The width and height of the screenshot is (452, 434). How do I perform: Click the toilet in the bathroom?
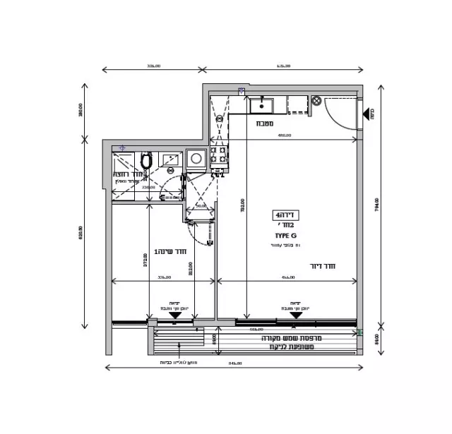[146, 162]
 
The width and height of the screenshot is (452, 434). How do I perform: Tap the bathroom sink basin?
[170, 160]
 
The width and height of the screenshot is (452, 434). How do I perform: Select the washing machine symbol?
[196, 159]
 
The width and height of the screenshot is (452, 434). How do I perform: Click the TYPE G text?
[285, 234]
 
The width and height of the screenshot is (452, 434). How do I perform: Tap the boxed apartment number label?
[286, 214]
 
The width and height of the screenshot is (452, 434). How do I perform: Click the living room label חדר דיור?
[321, 266]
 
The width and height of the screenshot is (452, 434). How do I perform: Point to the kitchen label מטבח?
[266, 123]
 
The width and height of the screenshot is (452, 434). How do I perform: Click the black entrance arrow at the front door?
[367, 113]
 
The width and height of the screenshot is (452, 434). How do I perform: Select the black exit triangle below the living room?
[297, 315]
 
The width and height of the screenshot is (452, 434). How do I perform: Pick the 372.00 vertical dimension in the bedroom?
[145, 260]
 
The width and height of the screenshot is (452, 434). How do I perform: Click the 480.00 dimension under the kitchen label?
[285, 135]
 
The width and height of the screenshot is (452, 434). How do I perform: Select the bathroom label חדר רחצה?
[126, 174]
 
